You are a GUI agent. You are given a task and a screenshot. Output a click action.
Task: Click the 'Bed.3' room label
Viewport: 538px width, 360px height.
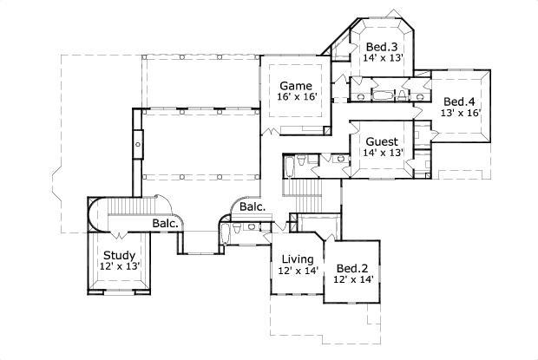click(382, 46)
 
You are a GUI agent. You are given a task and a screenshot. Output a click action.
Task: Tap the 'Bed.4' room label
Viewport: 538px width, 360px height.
click(460, 101)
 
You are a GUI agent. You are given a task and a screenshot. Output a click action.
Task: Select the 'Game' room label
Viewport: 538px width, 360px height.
click(294, 85)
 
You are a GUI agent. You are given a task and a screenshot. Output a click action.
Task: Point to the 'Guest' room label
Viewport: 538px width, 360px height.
click(382, 141)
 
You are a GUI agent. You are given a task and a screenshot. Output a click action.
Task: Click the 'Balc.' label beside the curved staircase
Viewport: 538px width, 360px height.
click(166, 223)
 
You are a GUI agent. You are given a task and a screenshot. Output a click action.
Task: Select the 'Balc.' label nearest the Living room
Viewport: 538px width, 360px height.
click(253, 207)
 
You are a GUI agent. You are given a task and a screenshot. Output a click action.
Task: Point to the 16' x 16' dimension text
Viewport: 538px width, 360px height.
click(295, 98)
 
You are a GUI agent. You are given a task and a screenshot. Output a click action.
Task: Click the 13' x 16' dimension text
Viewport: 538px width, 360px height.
click(460, 113)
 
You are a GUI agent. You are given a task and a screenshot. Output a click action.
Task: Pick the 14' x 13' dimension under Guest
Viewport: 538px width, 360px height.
click(382, 154)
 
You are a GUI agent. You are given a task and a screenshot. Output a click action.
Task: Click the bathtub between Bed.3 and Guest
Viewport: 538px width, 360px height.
click(382, 91)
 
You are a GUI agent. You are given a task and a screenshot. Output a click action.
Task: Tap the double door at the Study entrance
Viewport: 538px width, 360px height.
click(119, 236)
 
